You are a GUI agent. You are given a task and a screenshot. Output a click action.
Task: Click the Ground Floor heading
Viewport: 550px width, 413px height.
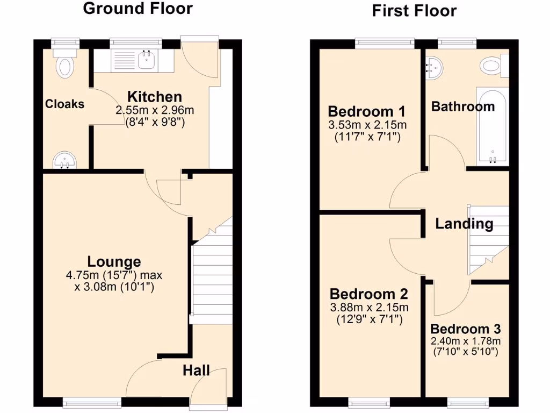(138, 9)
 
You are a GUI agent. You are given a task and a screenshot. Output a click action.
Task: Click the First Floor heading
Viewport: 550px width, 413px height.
(414, 11)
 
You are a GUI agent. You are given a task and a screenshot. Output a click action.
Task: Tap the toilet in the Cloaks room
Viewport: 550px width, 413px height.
(66, 65)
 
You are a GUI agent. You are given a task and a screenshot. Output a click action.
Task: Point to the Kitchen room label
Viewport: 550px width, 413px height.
(155, 97)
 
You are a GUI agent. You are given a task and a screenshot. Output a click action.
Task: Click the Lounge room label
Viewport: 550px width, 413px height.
(114, 262)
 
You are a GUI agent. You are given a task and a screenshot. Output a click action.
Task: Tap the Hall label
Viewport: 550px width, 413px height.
(196, 371)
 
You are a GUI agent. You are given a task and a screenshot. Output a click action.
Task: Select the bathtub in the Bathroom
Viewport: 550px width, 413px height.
(493, 127)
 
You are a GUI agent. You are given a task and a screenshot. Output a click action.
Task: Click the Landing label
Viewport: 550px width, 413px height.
(464, 224)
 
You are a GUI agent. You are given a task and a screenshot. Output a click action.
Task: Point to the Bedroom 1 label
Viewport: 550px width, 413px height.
(366, 112)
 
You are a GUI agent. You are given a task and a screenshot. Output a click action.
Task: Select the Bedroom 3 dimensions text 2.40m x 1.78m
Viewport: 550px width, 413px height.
(465, 341)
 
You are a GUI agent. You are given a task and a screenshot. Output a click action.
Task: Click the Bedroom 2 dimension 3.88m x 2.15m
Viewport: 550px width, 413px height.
(368, 308)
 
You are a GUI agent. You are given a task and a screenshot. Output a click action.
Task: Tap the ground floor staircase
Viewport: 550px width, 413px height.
(212, 280)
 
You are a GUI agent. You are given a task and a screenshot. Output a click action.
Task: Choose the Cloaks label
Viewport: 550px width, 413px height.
(64, 104)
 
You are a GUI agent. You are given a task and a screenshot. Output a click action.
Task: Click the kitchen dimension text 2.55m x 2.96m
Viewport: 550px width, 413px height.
(155, 110)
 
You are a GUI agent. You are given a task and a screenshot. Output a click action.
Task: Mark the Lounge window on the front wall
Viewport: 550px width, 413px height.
(92, 401)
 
